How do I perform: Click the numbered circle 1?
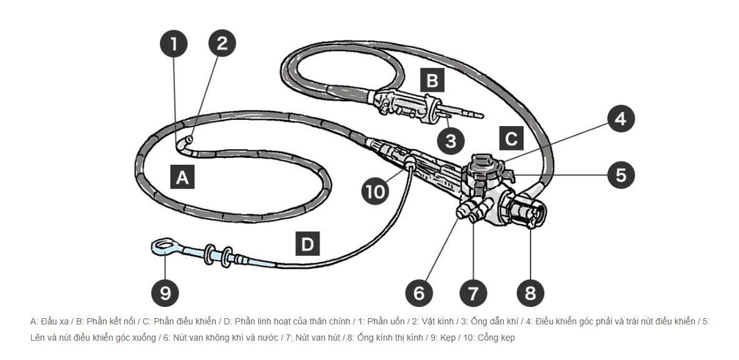174,44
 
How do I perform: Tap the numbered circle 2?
222,43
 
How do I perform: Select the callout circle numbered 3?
451,140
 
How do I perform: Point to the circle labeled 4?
620,119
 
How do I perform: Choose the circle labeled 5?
621,175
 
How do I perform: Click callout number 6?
419,293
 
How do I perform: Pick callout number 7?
473,293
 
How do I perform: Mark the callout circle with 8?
530,293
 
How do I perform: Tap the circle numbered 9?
165,293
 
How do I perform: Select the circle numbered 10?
376,192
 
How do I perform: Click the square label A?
182,177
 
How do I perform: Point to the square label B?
432,80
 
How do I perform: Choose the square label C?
511,139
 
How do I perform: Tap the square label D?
307,243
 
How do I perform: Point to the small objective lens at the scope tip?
190,140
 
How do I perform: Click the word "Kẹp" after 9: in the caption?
448,338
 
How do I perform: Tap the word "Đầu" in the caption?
49,322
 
